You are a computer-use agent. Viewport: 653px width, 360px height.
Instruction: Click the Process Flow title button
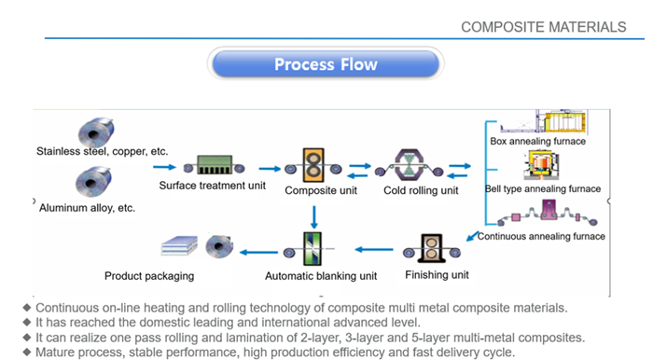tap(326, 64)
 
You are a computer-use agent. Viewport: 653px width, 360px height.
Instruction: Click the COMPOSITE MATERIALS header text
tap(543, 27)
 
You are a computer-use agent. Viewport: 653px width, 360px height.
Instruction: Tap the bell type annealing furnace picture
tap(541, 165)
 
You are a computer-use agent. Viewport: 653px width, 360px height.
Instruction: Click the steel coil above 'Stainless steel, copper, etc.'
tap(97, 132)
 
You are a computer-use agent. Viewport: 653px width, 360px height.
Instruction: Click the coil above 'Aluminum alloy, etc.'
tap(96, 181)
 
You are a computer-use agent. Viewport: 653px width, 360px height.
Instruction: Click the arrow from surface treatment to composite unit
tap(270, 169)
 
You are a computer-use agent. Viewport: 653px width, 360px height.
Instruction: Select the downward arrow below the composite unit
tap(314, 215)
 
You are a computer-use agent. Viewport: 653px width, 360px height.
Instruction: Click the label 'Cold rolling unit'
tap(421, 191)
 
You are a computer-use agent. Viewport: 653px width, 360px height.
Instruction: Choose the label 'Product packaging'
tap(149, 276)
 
